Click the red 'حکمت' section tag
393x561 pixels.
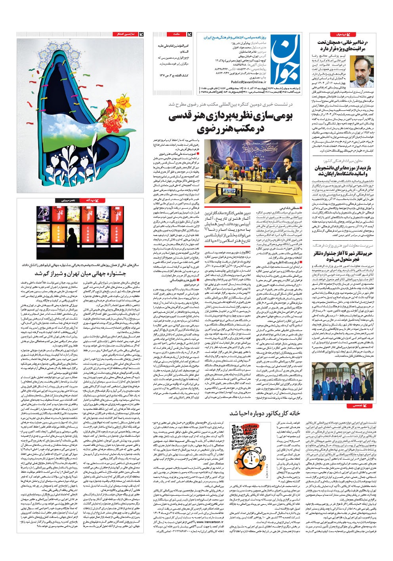(177, 34)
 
